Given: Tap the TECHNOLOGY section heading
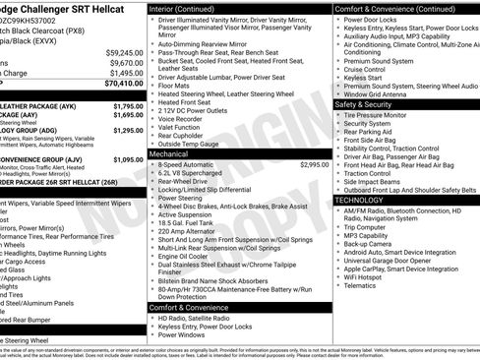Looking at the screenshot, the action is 360,200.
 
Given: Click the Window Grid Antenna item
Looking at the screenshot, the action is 382,92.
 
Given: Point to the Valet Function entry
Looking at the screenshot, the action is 182,127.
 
